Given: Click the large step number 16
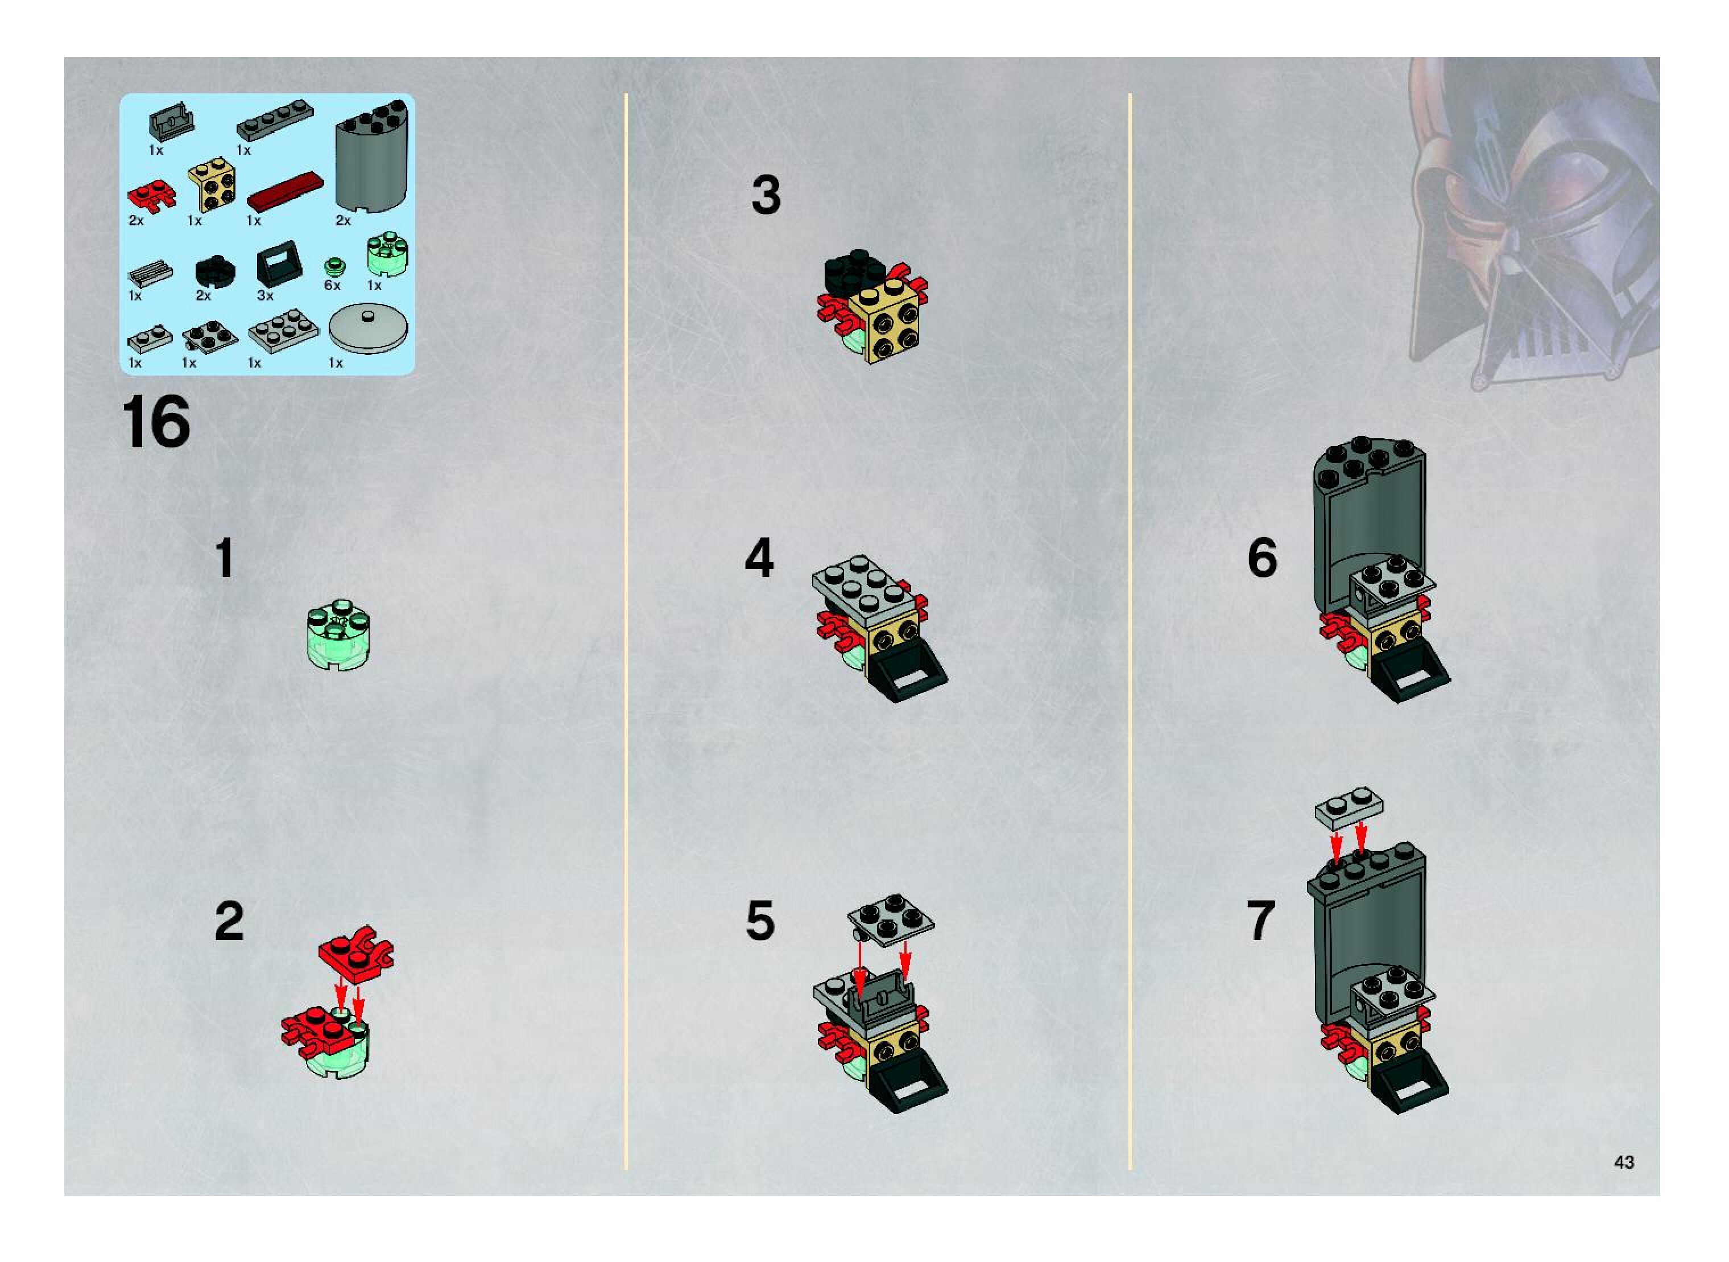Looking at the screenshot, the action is click(156, 422).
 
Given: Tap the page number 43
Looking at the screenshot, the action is click(1624, 1162).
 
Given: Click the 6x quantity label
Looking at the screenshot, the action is click(332, 285).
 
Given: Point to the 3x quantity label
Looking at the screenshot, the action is click(265, 295).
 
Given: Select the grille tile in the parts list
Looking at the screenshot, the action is click(150, 273).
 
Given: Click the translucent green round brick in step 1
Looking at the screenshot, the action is click(339, 635).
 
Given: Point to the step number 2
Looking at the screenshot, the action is click(229, 921).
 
